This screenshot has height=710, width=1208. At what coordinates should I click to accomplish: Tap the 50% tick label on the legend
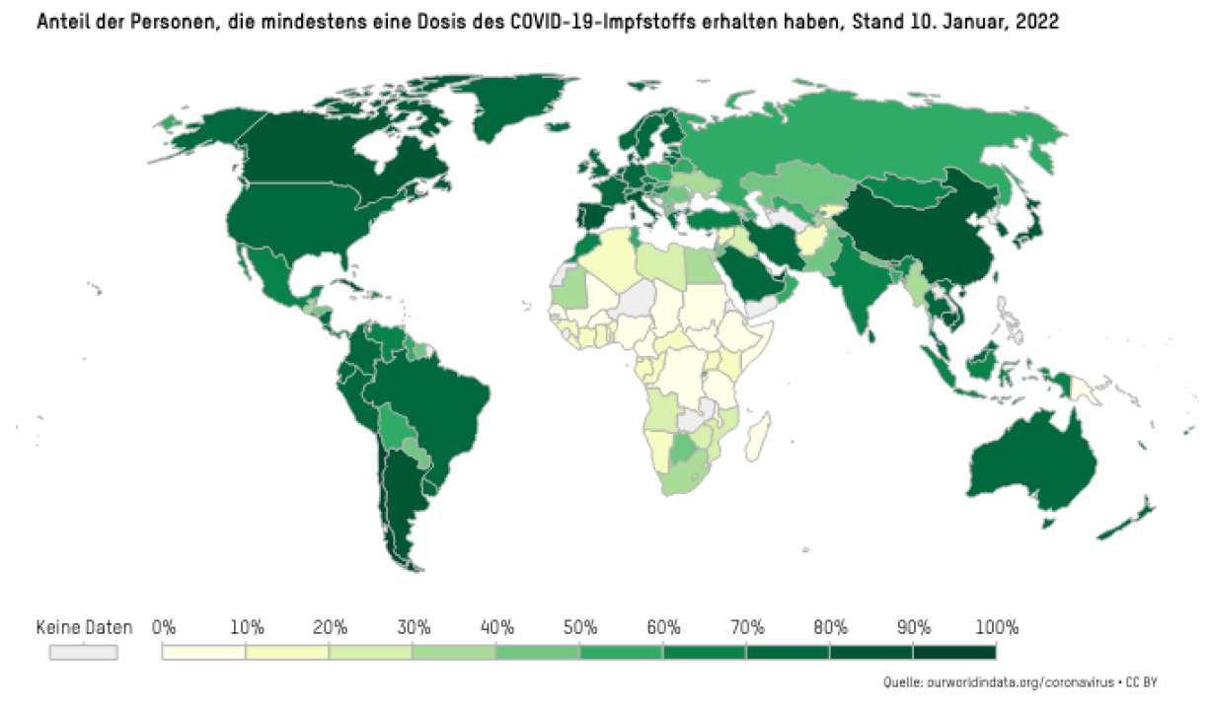(580, 627)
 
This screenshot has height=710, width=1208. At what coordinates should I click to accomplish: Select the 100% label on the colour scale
(997, 627)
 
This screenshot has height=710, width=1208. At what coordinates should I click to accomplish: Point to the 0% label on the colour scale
(164, 627)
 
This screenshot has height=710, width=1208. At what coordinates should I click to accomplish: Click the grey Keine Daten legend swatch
(84, 652)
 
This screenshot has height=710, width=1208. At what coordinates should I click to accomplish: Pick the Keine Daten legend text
(84, 627)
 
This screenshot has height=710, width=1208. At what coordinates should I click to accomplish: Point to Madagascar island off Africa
(756, 436)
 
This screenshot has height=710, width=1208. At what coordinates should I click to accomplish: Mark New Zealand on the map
(1135, 518)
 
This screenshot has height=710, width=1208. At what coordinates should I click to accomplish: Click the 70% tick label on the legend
(747, 627)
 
